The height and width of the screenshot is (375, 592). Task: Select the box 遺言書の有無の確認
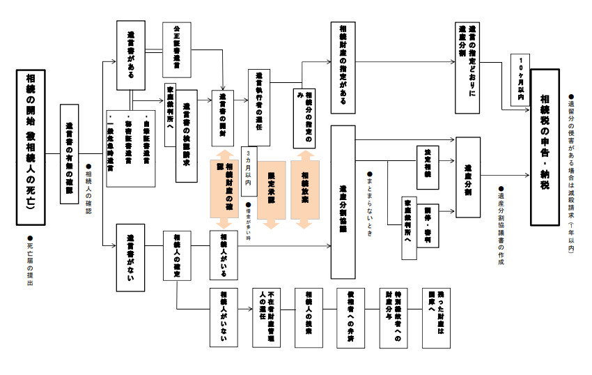point(70,154)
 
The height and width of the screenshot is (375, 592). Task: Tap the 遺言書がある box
point(131,55)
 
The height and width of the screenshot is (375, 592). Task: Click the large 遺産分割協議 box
point(343,192)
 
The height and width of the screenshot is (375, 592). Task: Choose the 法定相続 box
point(428,167)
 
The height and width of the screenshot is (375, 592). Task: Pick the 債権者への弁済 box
point(351,316)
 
